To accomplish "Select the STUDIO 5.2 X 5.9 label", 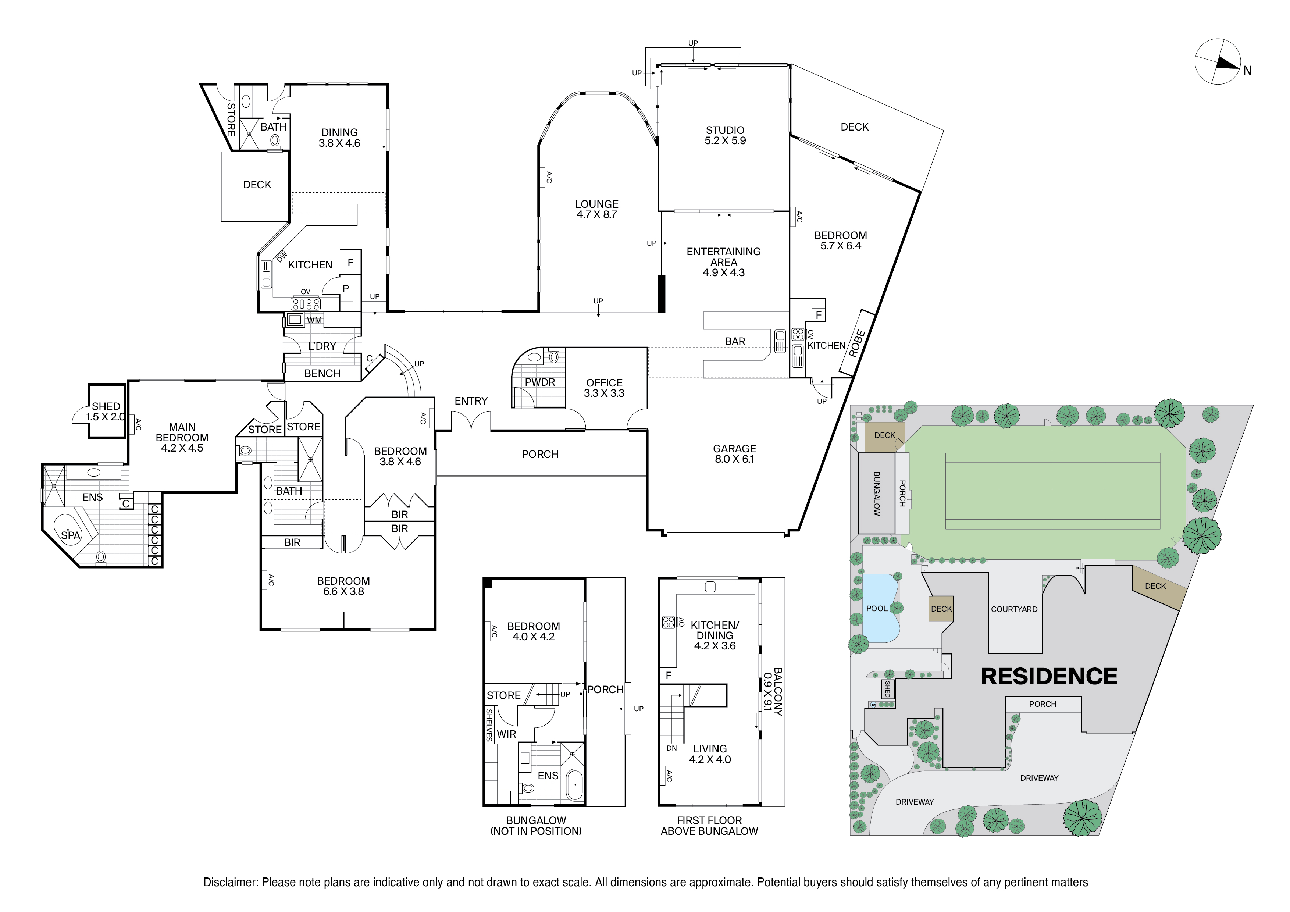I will pos(725,135).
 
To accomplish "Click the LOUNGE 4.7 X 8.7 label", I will pos(596,209).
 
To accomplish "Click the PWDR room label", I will pos(539,382).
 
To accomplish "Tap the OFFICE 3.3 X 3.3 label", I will pos(604,388).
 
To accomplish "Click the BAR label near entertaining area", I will pos(734,342).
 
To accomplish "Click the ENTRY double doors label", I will pos(471,400).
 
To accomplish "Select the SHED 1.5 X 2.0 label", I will pos(106,412).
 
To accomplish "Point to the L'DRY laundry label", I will pos(322,346).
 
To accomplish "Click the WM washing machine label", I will pos(314,320).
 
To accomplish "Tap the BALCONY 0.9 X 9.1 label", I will pos(773,691).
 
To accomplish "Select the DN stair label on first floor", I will pos(671,748).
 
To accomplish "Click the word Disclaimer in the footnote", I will pos(230,882).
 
